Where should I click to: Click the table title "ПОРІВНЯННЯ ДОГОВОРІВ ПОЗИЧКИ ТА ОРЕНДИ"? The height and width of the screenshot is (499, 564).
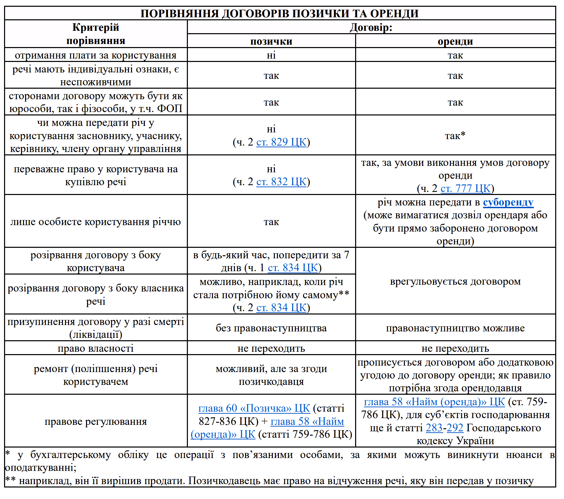coord(280,14)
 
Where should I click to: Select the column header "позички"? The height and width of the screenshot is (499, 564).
coord(271,41)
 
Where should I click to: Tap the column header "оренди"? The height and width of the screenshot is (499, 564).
coord(455,41)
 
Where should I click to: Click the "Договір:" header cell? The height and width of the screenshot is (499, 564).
coord(371,27)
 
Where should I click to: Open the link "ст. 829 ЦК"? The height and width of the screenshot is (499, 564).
coord(281,142)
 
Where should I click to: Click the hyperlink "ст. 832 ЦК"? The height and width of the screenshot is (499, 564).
coord(281,182)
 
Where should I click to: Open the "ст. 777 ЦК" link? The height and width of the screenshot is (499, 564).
coord(465,189)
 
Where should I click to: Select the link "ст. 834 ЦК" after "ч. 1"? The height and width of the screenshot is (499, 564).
coord(293,268)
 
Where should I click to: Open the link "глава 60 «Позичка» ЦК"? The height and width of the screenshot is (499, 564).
coord(254,408)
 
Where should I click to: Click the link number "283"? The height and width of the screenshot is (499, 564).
coord(434,428)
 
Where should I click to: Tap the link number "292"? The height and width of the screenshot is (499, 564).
coord(455,428)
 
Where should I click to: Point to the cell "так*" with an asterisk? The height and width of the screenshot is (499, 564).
coord(455,136)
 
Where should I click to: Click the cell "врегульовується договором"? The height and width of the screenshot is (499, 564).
coord(455,281)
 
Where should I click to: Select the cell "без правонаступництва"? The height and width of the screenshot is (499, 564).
coord(271,328)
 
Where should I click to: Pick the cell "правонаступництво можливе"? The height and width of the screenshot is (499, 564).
coord(455,328)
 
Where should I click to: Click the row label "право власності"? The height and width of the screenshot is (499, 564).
coord(95,348)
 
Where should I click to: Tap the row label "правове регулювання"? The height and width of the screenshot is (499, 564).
coord(95,421)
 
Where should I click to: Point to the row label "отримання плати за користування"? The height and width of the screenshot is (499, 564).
coord(95,55)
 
